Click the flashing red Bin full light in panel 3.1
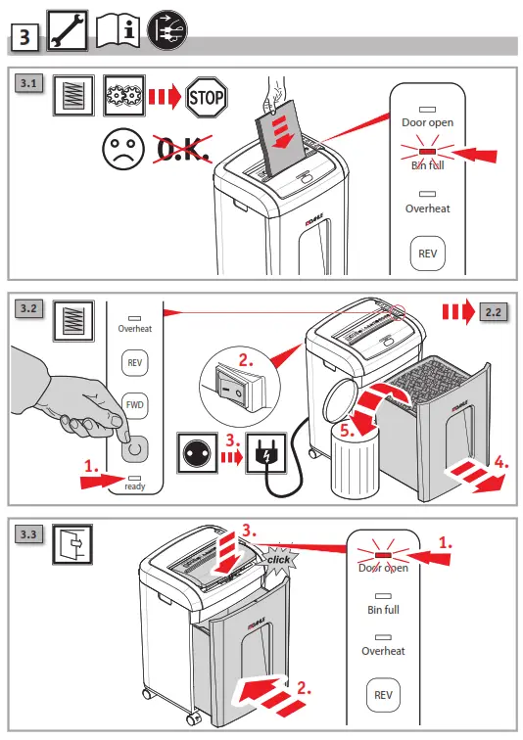click(x=427, y=152)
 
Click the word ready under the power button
click(x=135, y=485)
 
